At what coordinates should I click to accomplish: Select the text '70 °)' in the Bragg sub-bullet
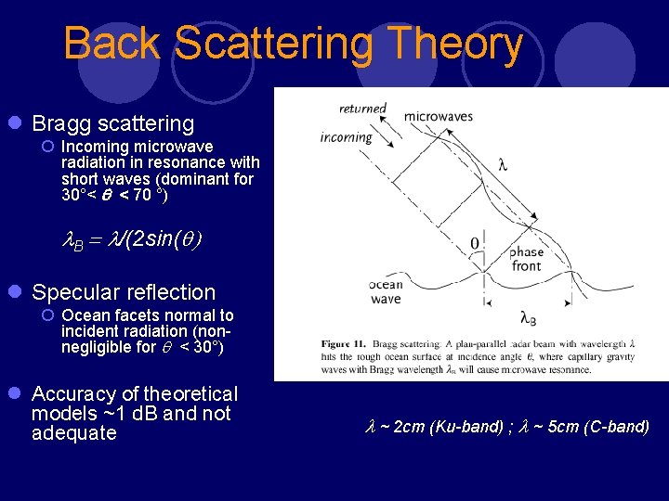click(148, 195)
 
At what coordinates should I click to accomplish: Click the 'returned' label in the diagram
click(362, 109)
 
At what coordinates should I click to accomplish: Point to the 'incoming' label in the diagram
click(346, 137)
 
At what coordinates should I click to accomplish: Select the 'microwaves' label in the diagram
click(438, 116)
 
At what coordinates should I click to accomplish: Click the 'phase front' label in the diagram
click(526, 259)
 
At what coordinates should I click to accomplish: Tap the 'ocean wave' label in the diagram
click(386, 292)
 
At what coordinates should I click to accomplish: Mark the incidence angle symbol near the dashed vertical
click(475, 244)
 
